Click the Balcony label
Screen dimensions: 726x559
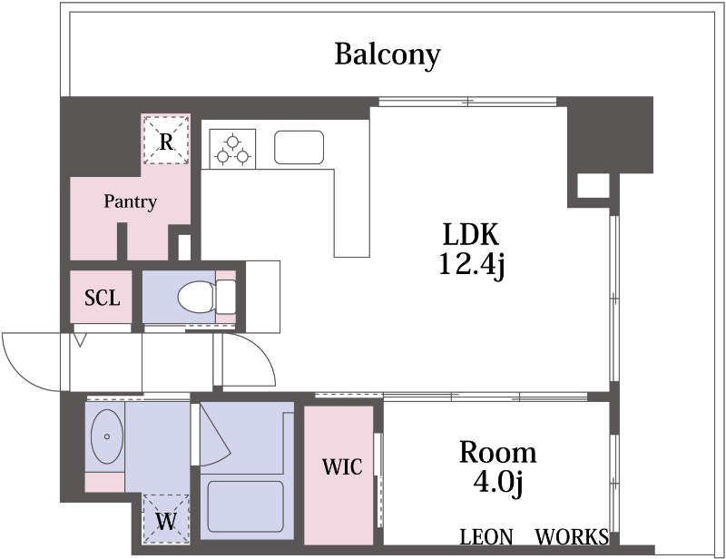388,55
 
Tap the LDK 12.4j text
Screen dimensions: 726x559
471,250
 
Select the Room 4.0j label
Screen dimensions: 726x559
497,468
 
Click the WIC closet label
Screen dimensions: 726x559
342,466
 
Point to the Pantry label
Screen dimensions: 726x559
130,202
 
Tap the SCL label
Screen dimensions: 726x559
103,298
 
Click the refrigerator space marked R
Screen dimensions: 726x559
166,140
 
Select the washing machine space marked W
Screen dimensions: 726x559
166,520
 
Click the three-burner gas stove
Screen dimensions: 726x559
232,149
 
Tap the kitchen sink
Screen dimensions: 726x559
299,147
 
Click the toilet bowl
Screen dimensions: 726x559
196,297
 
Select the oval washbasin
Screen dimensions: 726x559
107,436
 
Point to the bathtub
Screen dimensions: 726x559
245,506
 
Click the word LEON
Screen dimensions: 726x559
486,537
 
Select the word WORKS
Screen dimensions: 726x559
572,537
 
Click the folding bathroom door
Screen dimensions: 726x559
214,436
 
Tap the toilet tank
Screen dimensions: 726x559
226,297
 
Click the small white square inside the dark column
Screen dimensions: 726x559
594,186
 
